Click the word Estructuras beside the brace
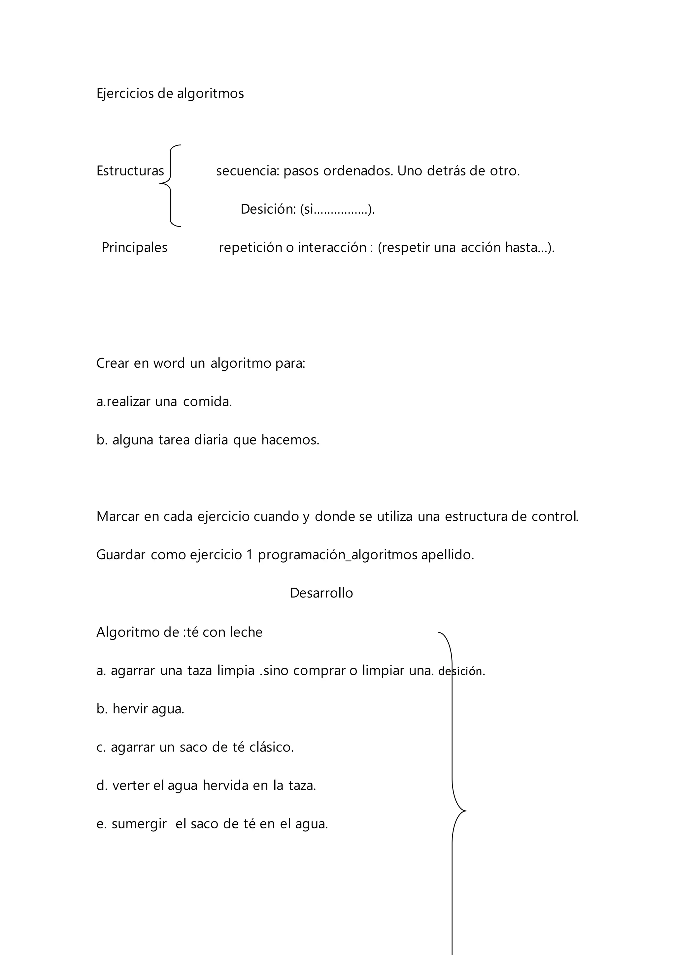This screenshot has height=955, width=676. coord(130,171)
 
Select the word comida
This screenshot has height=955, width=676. coord(207,402)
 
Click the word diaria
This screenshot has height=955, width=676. coord(211,440)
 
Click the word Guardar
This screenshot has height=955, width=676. coord(121,555)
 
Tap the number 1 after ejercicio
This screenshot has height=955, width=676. coord(249,555)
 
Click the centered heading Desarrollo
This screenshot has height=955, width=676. coord(321,593)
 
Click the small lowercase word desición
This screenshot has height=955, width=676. coord(461,671)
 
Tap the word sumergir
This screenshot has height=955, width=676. coord(139,824)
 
